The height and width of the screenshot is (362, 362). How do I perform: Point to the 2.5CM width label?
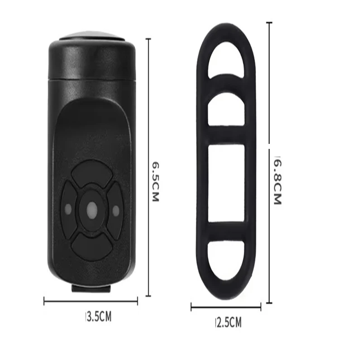pos(228,322)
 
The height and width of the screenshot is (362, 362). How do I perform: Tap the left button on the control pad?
pos(68,210)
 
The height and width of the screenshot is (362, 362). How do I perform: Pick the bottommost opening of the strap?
pos(226,261)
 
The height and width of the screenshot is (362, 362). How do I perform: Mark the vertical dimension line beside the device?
pos(148,167)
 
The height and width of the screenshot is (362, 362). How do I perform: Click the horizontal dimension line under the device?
pos(90,301)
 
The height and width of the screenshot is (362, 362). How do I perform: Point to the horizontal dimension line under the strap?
pos(226,308)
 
